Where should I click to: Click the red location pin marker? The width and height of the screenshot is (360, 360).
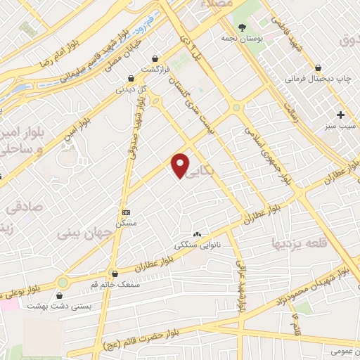tap(181, 165)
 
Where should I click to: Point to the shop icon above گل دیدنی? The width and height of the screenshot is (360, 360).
tap(130, 79)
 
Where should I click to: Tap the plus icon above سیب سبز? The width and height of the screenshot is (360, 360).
tap(341, 115)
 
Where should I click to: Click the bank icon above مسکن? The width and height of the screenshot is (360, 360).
tap(126, 212)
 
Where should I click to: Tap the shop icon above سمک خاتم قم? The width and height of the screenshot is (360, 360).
tap(115, 274)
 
